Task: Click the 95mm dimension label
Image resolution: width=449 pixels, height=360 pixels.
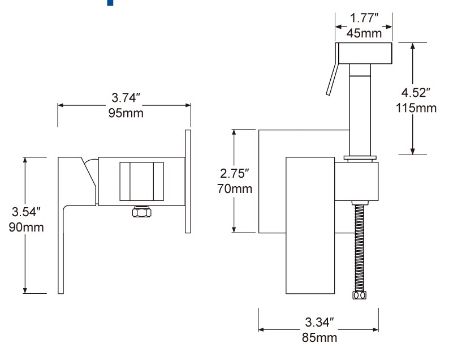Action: pyautogui.click(x=126, y=113)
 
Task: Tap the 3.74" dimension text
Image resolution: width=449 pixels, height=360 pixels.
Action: pyautogui.click(x=126, y=98)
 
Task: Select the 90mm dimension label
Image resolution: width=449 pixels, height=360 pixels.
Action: pyautogui.click(x=26, y=227)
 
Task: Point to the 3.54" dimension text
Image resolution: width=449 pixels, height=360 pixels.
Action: pyautogui.click(x=26, y=212)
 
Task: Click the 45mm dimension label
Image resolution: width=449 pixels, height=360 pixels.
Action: pyautogui.click(x=364, y=33)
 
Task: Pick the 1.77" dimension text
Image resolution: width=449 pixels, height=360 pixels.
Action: pyautogui.click(x=364, y=18)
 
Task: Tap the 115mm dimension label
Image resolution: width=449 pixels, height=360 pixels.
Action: pyautogui.click(x=416, y=108)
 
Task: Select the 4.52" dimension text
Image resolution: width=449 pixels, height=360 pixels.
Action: pyautogui.click(x=416, y=92)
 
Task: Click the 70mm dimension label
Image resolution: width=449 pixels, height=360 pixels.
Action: pyautogui.click(x=235, y=188)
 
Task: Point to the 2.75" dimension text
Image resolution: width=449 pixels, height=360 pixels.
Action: pyautogui.click(x=235, y=173)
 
